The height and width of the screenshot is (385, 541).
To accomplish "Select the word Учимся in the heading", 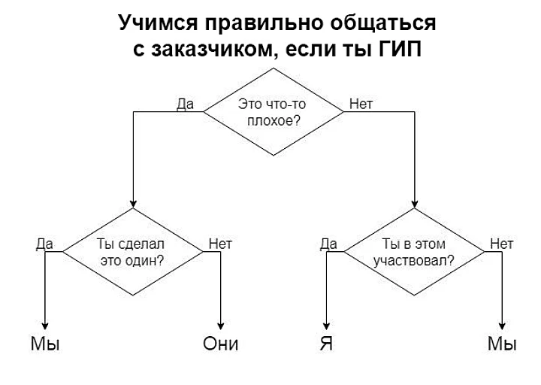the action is pos(158,23).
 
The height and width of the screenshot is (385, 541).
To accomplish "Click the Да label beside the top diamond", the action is pos(186,104).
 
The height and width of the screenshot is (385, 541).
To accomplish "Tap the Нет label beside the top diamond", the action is pos(361,104).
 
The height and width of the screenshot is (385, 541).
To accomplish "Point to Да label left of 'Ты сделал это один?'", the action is pos(44,244).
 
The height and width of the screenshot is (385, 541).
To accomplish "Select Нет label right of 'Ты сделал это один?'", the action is pos(220,244).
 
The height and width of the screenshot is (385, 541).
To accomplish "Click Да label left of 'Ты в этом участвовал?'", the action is pos(328,244).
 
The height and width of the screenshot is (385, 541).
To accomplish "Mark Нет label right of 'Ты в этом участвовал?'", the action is pos(502,244).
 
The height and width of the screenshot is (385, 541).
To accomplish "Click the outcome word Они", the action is pos(220,344).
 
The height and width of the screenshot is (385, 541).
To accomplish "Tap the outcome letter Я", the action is pos(326,344).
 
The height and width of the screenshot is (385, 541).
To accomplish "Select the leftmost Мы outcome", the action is pos(45,344).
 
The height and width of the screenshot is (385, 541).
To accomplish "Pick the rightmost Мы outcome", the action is pos(502,344).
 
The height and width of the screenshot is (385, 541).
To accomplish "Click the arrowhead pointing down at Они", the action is pos(220,326).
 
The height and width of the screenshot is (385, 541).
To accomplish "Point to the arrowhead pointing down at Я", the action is pos(326,326).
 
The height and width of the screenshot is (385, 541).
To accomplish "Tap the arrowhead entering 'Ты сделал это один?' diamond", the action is pos(133,204).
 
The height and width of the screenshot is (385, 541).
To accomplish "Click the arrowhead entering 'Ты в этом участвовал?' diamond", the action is pos(415,204).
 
